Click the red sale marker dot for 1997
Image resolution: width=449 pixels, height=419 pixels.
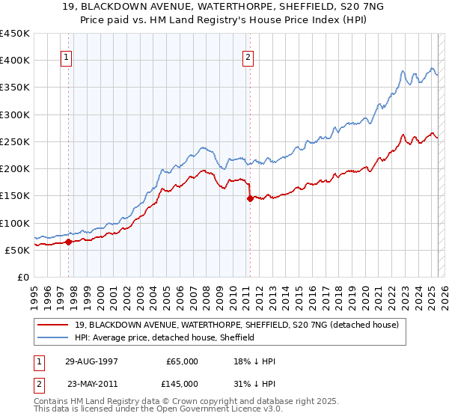(69, 242)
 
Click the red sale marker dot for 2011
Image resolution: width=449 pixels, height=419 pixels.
(250, 198)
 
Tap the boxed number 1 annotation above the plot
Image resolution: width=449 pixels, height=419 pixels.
(67, 56)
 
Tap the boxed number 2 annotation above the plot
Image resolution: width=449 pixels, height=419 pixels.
(248, 56)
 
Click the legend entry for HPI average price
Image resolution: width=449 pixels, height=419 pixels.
(165, 337)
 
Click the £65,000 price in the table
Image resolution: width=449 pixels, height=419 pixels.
(182, 361)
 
